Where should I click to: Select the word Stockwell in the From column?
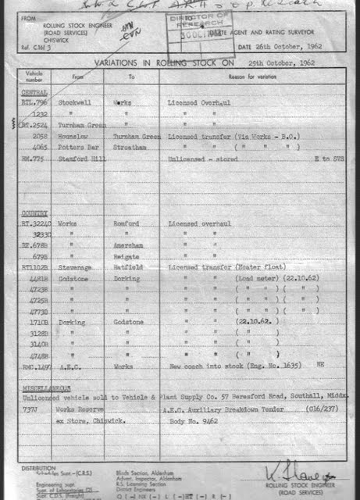(x=75, y=102)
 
